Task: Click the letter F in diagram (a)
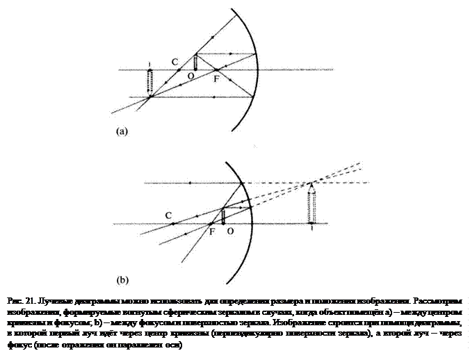(x=217, y=80)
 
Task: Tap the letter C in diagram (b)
(x=169, y=215)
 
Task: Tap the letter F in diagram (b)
(x=212, y=233)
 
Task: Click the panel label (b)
(x=121, y=283)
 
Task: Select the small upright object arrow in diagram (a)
(x=196, y=61)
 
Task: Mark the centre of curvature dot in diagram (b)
(x=173, y=224)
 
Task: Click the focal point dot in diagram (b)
(x=211, y=224)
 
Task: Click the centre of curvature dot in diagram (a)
(x=179, y=70)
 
